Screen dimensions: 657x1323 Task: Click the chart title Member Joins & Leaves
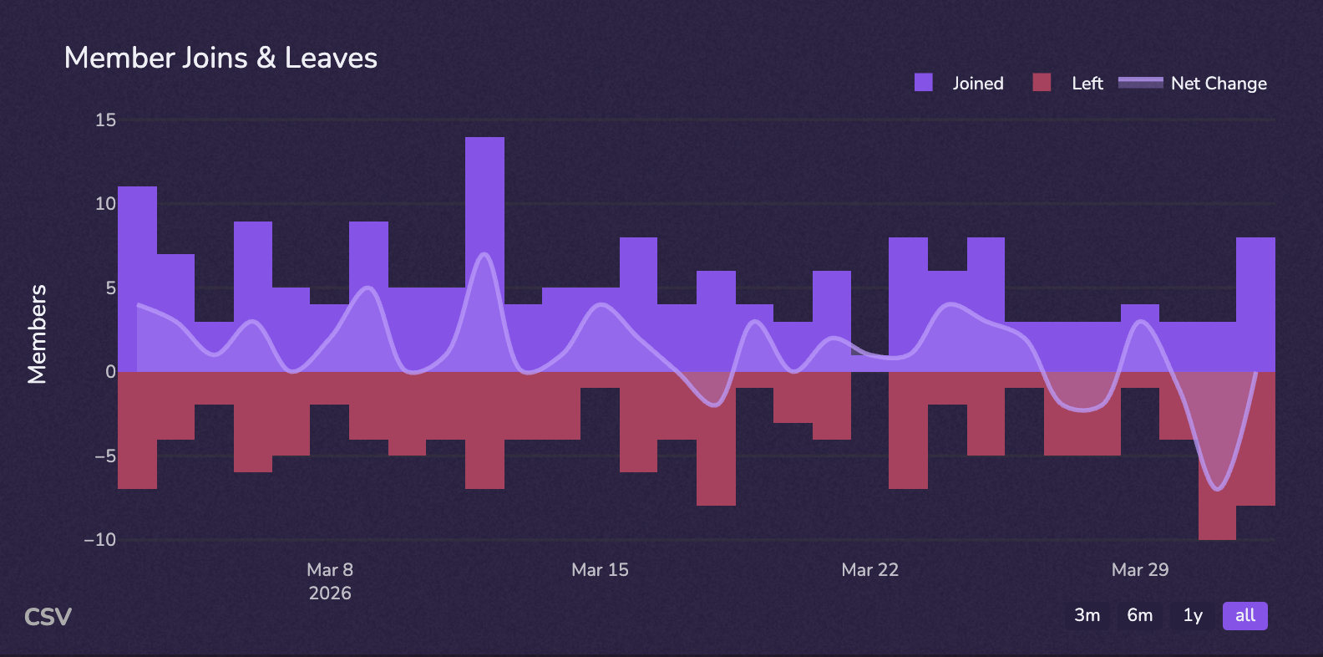click(220, 58)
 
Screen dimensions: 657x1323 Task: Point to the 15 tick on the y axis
click(106, 120)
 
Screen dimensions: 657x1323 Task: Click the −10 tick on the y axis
click(100, 540)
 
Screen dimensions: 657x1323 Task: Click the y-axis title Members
click(37, 334)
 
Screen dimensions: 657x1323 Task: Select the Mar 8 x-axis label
click(330, 570)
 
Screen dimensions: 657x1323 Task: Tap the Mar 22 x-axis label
click(869, 570)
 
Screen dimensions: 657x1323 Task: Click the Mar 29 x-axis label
click(1140, 570)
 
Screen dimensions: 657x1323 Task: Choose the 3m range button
click(1087, 615)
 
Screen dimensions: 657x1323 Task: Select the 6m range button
click(1139, 615)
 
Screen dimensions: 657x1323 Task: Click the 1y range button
click(1193, 615)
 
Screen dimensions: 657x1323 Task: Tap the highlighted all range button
click(1244, 615)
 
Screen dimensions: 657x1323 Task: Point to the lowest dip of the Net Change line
click(1219, 489)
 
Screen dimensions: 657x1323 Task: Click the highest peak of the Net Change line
click(485, 254)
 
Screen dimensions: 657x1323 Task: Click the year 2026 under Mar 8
click(330, 593)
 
